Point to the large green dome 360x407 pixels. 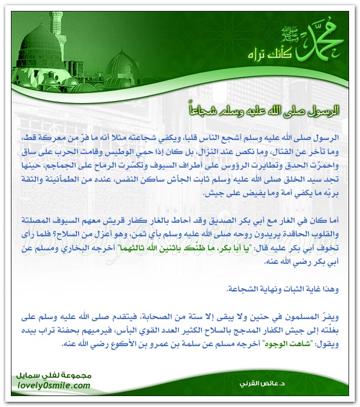[x=41, y=46]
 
